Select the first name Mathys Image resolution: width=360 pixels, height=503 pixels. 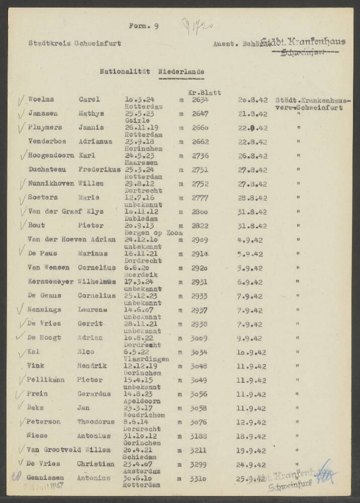pos(90,114)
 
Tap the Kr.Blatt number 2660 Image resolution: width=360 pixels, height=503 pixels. pos(200,128)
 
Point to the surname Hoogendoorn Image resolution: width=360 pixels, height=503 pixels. pos(50,156)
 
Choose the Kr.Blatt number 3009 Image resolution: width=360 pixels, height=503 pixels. pos(200,339)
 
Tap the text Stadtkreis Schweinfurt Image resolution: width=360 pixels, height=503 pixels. pos(75,43)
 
